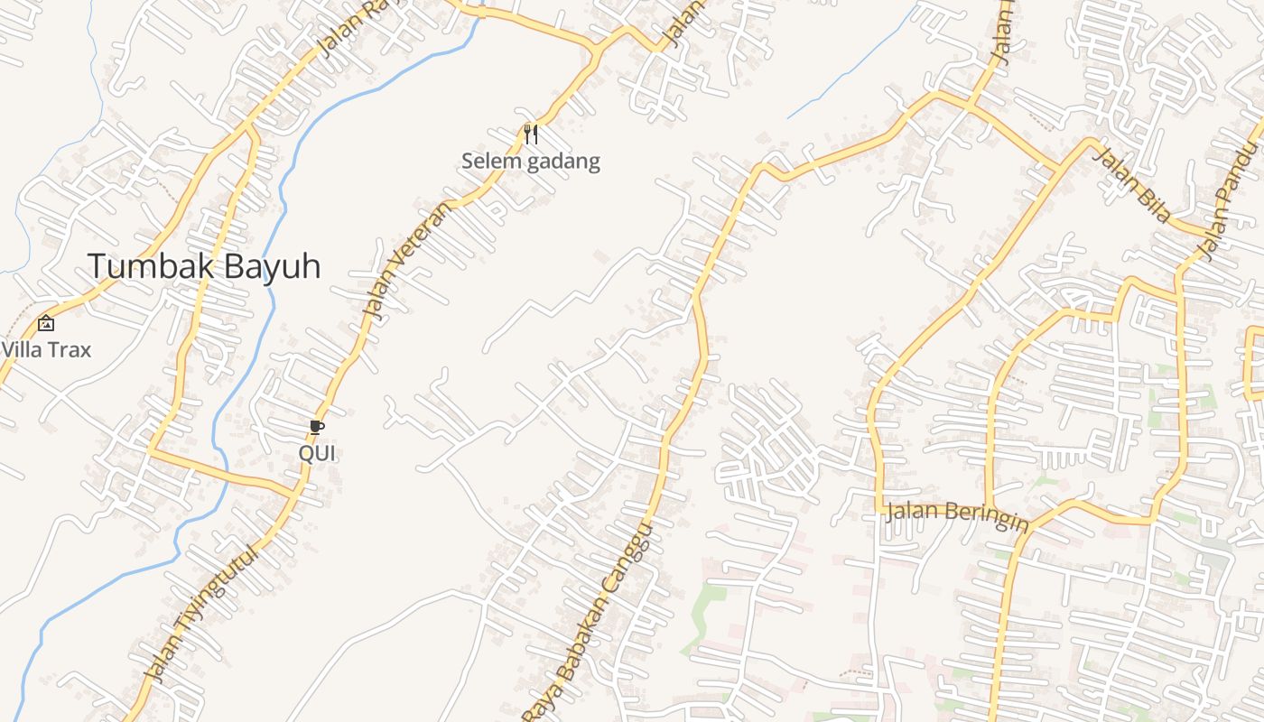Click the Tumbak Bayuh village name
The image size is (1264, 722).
pos(204,266)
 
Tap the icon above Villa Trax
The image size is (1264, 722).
pos(45,323)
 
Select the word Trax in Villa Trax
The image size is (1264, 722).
pos(69,349)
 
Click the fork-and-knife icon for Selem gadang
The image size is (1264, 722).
pos(531,134)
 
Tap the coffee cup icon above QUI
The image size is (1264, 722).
pos(316,427)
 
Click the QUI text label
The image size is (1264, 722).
pos(317,453)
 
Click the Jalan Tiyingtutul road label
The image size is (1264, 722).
pos(201,615)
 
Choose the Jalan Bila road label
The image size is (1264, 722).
pos(1132,184)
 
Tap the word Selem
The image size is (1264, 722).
pos(488,162)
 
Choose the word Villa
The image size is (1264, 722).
pos(21,349)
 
